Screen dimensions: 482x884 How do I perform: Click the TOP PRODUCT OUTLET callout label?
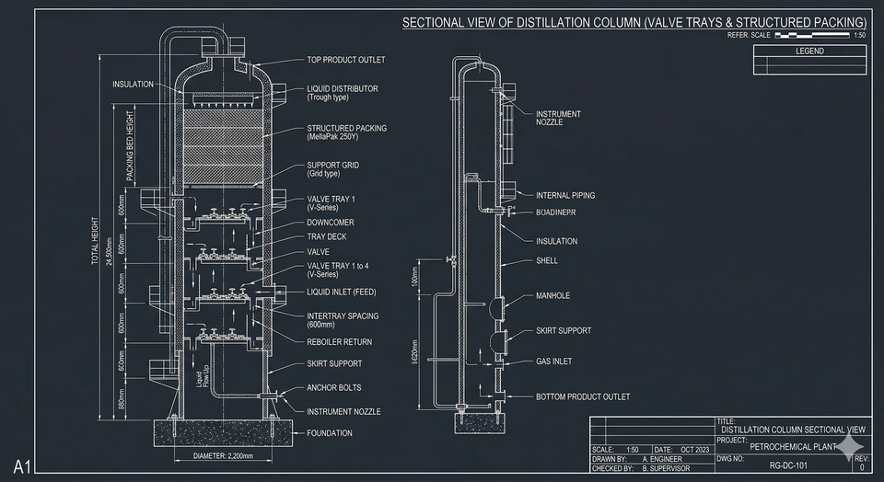click(x=345, y=60)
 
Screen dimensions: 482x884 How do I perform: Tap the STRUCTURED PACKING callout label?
click(x=346, y=128)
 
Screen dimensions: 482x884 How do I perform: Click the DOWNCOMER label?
click(x=330, y=222)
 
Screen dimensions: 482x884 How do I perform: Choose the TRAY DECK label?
click(x=327, y=236)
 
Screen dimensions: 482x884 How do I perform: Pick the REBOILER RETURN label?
click(x=339, y=341)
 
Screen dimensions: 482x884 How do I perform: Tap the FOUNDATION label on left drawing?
click(x=330, y=433)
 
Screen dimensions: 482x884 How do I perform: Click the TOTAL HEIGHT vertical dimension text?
click(x=95, y=241)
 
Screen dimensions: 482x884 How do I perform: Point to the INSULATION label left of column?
click(x=133, y=85)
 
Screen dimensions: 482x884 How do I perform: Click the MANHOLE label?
click(x=552, y=296)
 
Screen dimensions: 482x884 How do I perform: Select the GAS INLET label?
click(x=553, y=361)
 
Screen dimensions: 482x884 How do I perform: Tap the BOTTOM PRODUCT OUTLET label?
click(x=583, y=397)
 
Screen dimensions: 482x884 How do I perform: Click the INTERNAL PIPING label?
click(x=565, y=195)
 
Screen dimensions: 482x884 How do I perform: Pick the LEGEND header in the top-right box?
click(x=809, y=52)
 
